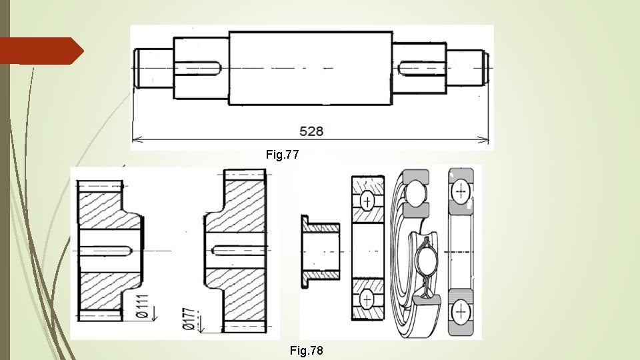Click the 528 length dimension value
311,131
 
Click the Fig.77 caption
283,154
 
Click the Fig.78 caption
306,350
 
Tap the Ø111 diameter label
142,306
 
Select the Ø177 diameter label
188,319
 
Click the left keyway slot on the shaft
199,68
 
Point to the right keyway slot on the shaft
422,68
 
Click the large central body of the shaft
311,68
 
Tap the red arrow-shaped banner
41,51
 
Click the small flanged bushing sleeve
320,251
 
